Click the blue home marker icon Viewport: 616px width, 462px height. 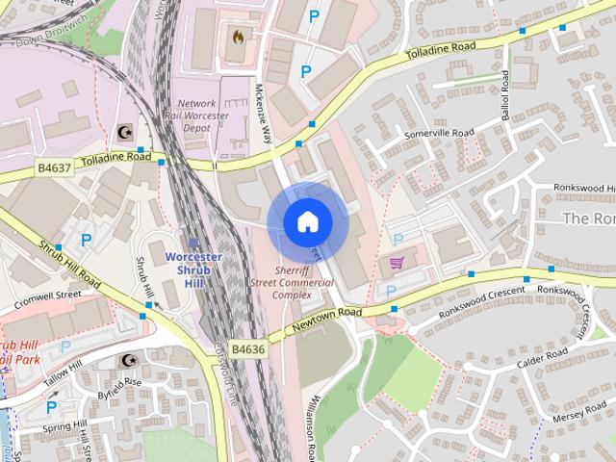tap(307, 222)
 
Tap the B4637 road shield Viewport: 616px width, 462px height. tap(55, 167)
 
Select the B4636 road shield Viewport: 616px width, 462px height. tap(248, 348)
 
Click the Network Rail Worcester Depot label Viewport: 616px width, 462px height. tap(211, 115)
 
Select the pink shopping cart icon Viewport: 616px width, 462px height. tap(396, 262)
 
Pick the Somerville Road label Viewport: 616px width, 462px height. tap(440, 133)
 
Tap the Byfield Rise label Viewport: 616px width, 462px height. tap(119, 382)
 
